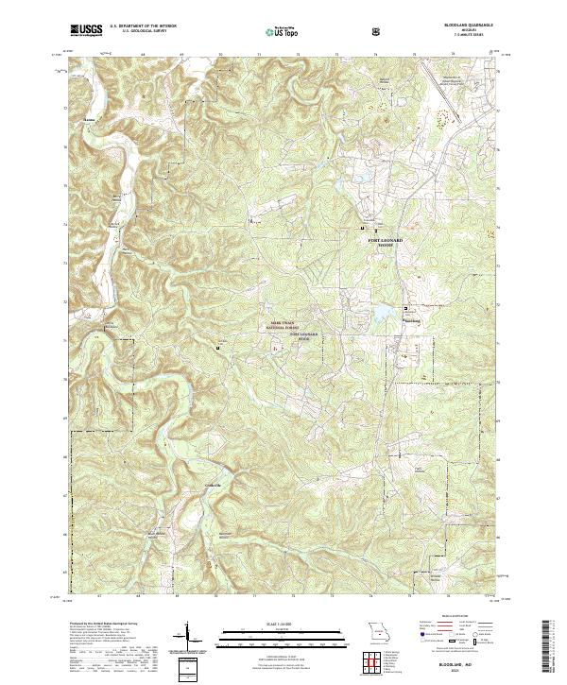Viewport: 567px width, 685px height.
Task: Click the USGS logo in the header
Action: point(86,31)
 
